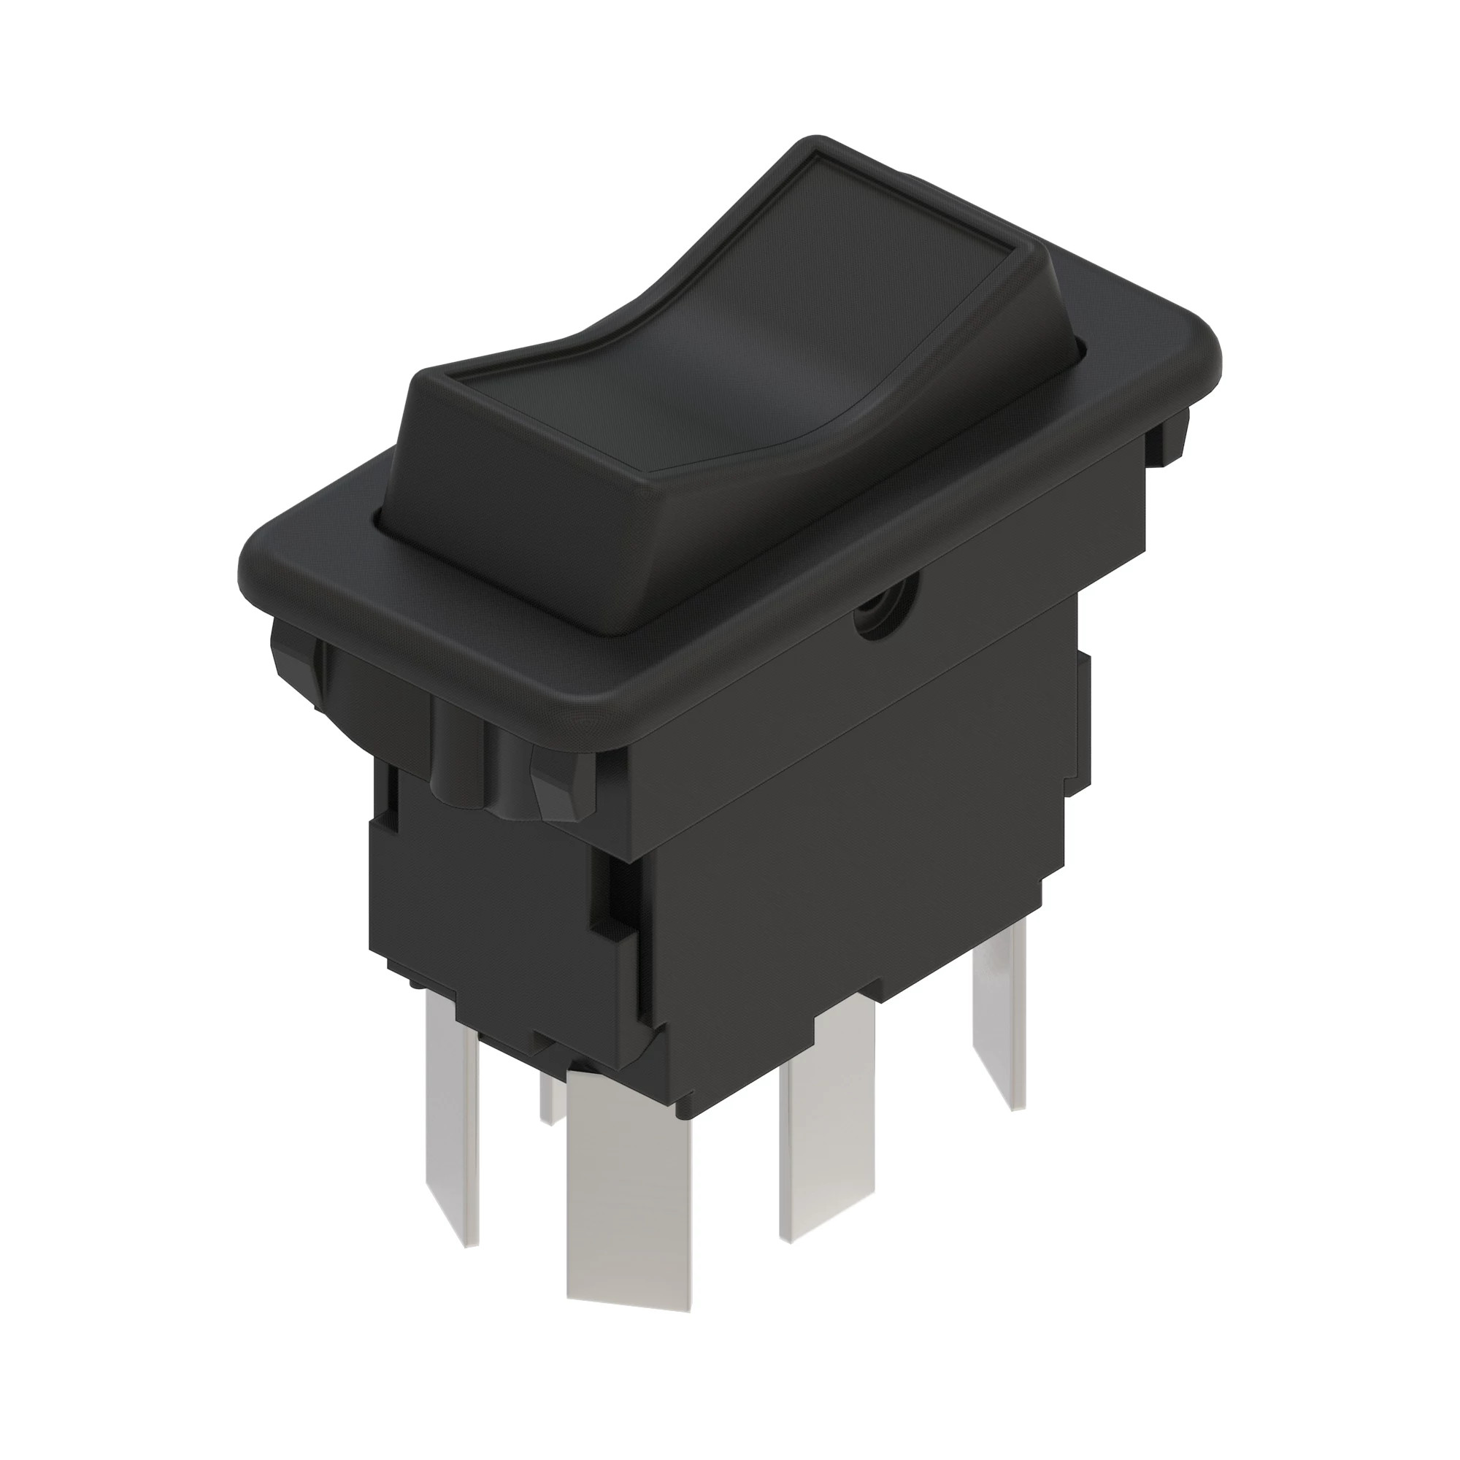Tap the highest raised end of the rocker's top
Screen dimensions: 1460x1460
[869, 196]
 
